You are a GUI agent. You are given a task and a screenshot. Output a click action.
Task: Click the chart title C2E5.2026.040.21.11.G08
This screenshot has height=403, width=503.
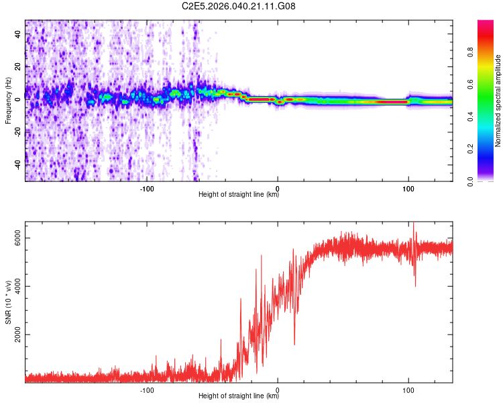[x=239, y=7]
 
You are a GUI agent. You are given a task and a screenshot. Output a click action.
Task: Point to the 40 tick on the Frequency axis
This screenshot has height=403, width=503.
[x=18, y=34]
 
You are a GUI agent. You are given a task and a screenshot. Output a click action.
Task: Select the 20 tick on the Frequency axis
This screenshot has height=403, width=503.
[x=18, y=66]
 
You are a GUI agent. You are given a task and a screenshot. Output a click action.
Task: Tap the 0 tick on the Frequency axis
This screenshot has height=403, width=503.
[x=18, y=99]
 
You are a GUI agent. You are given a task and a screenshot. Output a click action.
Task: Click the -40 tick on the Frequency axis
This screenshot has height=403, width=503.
[x=18, y=164]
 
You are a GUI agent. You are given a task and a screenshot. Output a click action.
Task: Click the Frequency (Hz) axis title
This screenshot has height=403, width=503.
[x=8, y=101]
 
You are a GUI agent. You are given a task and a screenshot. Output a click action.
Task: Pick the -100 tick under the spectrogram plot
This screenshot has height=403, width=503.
[x=148, y=188]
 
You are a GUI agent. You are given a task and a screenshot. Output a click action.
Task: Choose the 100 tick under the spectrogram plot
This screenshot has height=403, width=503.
[x=408, y=188]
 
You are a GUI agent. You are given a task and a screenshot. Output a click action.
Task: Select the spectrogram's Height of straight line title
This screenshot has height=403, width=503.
[x=239, y=195]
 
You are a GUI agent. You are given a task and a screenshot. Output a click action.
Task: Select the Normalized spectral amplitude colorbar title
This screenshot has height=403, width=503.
[x=498, y=101]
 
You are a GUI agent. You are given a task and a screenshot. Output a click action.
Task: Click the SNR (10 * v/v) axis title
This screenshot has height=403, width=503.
[x=8, y=302]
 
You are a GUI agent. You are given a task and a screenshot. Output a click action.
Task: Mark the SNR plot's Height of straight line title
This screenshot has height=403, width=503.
[x=239, y=397]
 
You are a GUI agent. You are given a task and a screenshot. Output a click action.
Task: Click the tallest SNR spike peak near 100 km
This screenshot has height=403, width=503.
[x=413, y=223]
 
